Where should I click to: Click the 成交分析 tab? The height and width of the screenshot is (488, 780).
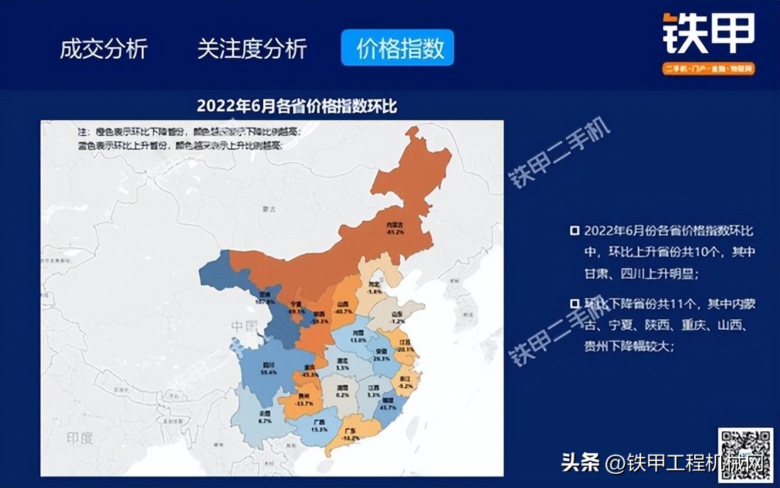point(104,49)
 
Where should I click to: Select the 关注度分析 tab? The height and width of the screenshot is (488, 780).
point(252,49)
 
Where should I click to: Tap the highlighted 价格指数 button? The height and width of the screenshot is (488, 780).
point(397,48)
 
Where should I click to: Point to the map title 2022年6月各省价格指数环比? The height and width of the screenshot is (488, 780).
point(296,106)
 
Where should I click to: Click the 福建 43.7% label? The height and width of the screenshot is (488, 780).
point(388,404)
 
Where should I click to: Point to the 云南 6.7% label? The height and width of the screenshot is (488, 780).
point(264,418)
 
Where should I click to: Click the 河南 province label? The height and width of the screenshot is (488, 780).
point(359,336)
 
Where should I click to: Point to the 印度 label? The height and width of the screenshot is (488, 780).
point(79,438)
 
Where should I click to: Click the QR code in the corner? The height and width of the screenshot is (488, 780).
point(745,454)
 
